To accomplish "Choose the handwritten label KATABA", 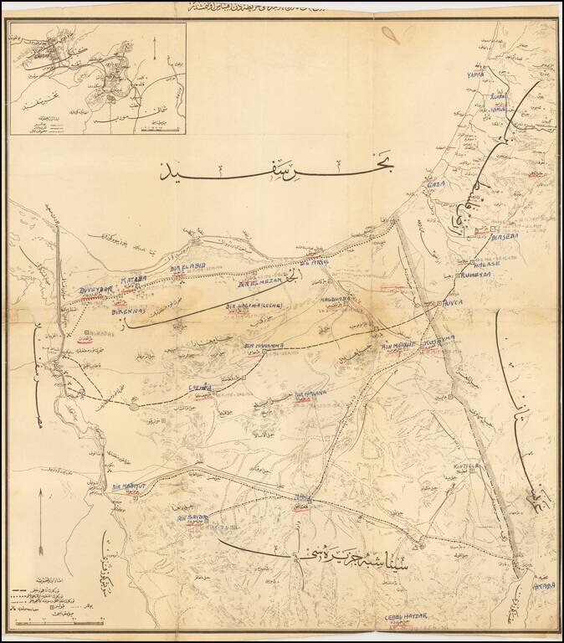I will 134,280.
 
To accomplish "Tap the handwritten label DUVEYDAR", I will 95,291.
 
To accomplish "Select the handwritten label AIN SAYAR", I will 192,519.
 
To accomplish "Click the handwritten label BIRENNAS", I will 130,311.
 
